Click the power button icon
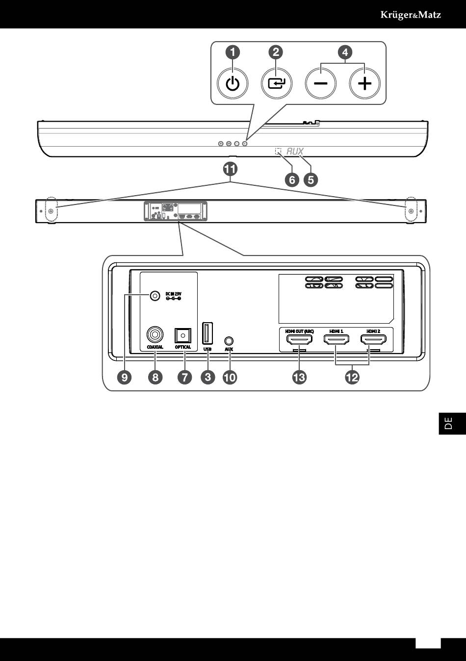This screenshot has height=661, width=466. [233, 84]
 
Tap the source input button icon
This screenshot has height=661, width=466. [276, 84]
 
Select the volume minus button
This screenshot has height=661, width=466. [320, 84]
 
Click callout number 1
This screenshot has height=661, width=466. [233, 52]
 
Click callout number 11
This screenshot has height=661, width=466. [230, 169]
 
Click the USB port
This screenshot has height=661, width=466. [207, 333]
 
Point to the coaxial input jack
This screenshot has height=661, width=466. [155, 335]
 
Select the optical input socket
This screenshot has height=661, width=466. [183, 335]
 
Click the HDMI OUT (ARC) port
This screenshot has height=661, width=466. [299, 340]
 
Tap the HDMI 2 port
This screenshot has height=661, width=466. [373, 339]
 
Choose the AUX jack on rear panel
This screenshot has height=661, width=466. [229, 340]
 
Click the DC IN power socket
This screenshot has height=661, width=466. [155, 296]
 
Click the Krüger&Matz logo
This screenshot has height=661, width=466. [411, 15]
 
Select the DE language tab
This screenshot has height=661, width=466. [448, 423]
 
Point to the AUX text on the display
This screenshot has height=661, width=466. [295, 152]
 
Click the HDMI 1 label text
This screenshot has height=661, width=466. [336, 331]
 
